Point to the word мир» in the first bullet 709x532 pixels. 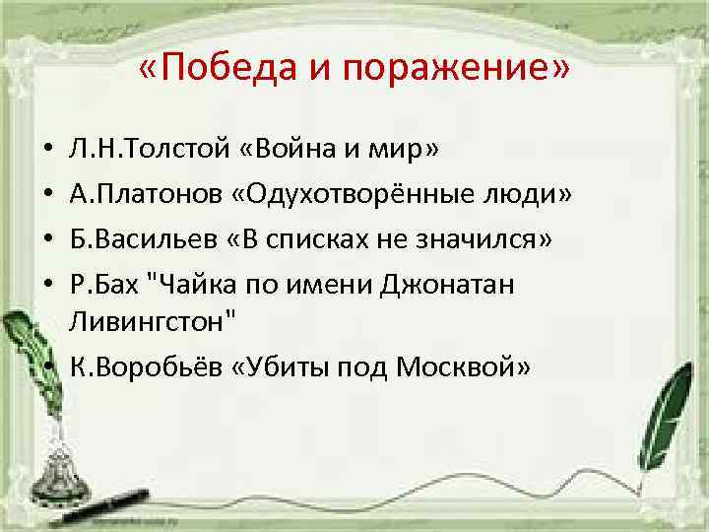[x=405, y=149]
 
